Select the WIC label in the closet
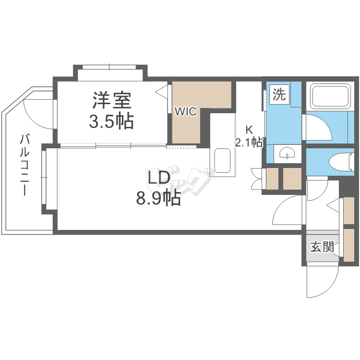pos(185,111)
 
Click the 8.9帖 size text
pos(159,198)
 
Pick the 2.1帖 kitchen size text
pos(249,142)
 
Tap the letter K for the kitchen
pos(249,129)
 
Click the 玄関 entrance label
pos(322,247)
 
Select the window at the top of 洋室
pos(110,67)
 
